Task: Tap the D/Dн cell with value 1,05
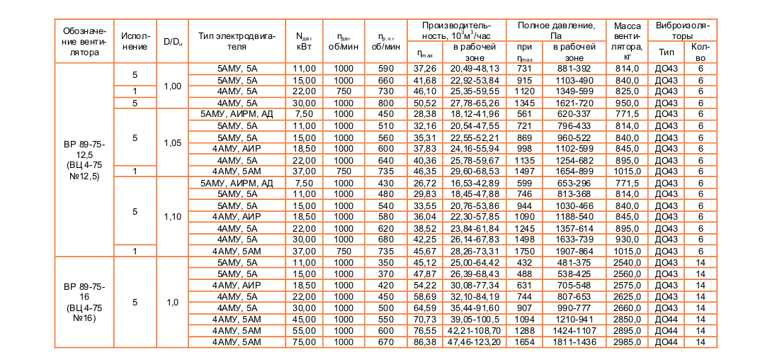(172, 142)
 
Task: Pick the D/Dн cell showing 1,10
(172, 216)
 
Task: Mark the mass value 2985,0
(627, 342)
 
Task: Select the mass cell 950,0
(627, 103)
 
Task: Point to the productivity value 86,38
(424, 342)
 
